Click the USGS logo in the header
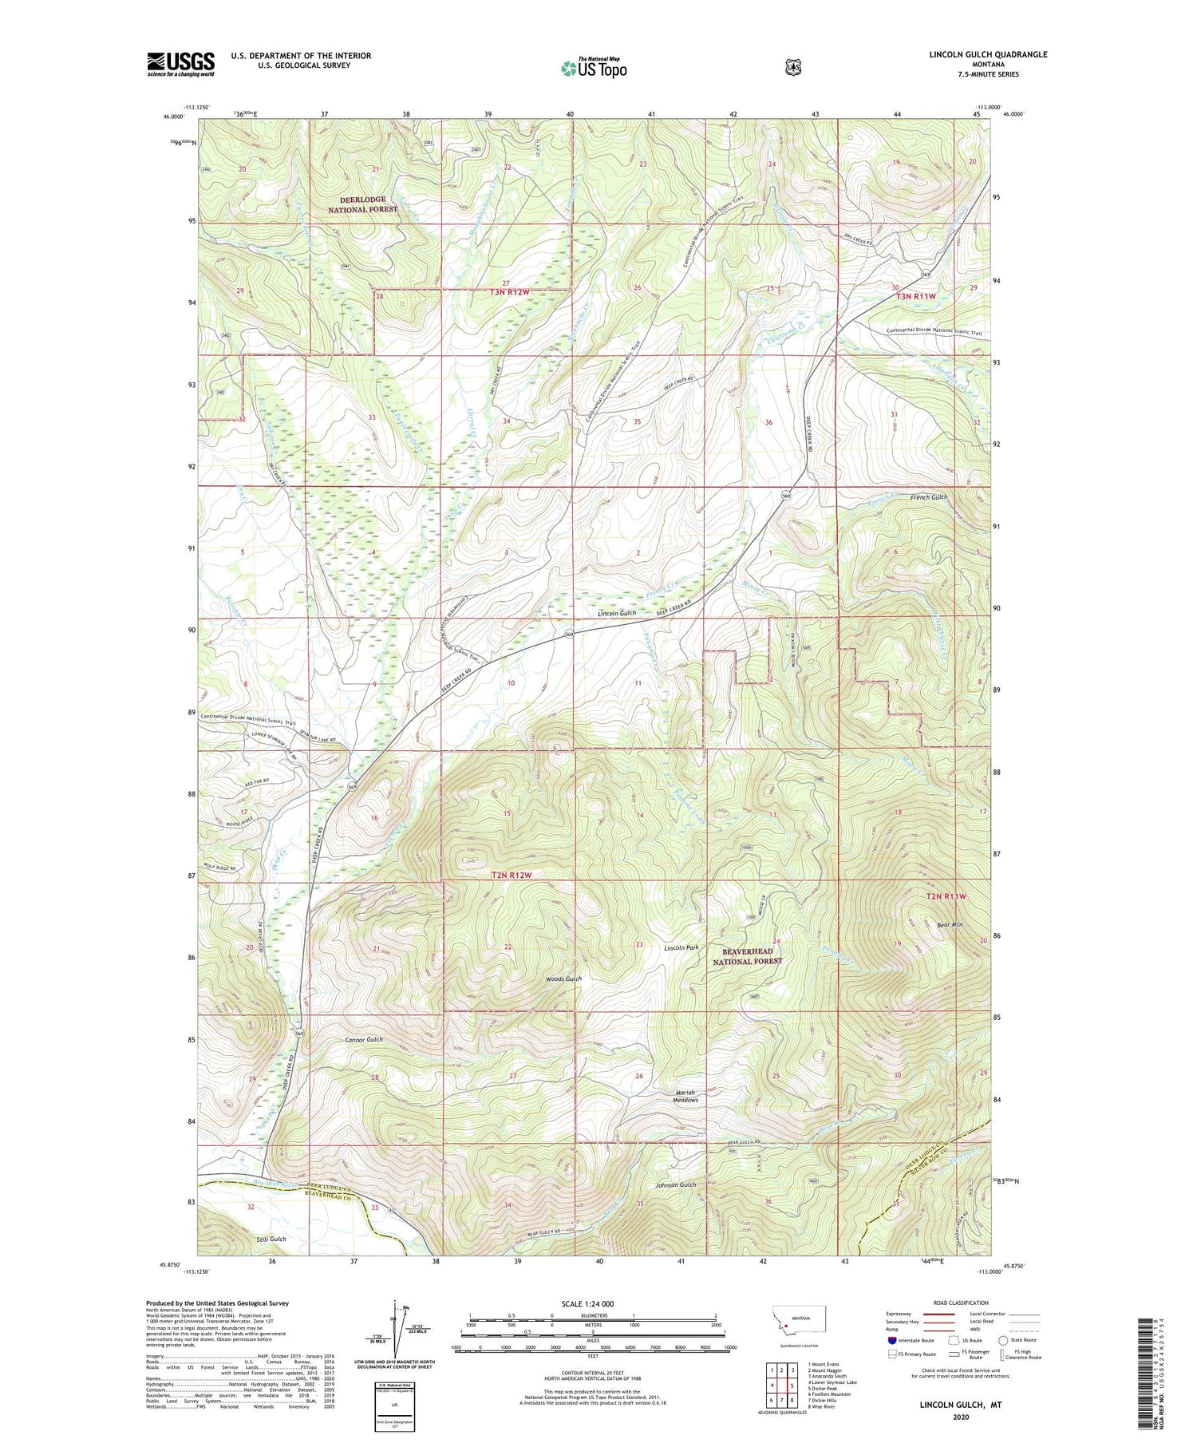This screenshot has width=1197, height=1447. (180, 64)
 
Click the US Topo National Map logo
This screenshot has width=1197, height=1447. (594, 67)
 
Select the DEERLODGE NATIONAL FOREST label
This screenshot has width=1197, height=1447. (362, 204)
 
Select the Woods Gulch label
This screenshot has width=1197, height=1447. (563, 979)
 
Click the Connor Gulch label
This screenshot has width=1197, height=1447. (364, 1039)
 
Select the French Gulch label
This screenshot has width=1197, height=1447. (929, 497)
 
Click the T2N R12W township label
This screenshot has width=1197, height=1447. (511, 875)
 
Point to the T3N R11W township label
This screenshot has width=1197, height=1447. (915, 296)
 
